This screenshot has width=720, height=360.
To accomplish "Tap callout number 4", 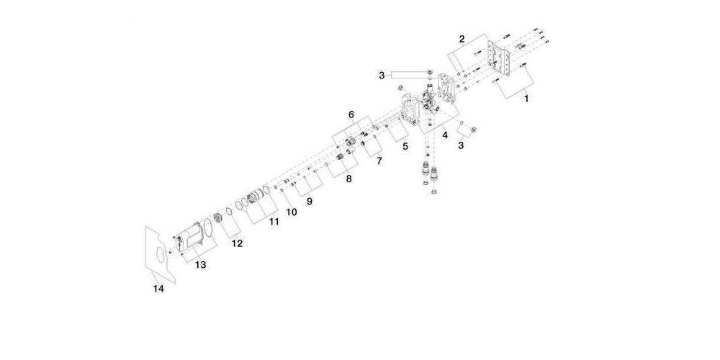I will pyautogui.click(x=445, y=134).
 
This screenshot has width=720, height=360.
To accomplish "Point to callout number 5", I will pyautogui.click(x=405, y=146).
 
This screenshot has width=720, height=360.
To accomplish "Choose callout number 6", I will pyautogui.click(x=351, y=114).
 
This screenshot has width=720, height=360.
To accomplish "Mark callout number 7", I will pyautogui.click(x=379, y=161).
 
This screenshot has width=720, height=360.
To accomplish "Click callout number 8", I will pyautogui.click(x=349, y=177).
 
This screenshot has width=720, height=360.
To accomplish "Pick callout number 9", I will pyautogui.click(x=309, y=202).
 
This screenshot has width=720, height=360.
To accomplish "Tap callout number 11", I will pyautogui.click(x=274, y=222).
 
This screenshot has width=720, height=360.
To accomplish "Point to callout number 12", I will pyautogui.click(x=237, y=243).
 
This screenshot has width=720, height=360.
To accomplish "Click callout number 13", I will pyautogui.click(x=201, y=265).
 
